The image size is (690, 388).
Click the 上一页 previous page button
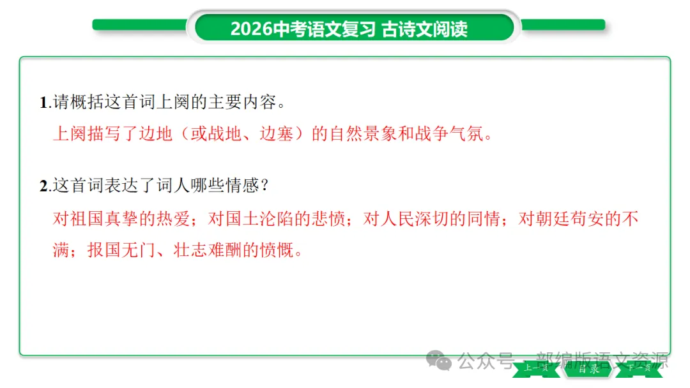536,368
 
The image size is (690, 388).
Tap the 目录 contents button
588,368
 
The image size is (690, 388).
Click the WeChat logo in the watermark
440,361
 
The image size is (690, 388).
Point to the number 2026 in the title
251,29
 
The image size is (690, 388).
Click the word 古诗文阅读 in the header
425,29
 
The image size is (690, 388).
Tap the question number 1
43,103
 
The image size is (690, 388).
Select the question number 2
43,186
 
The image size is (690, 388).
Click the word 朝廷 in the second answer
551,219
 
